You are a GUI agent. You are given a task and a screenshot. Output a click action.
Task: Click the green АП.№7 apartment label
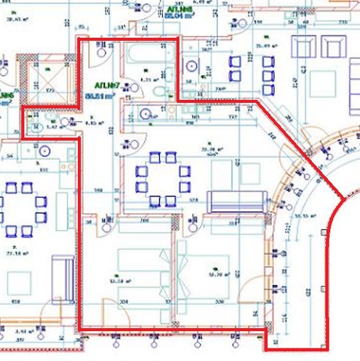pyautogui.click(x=105, y=86)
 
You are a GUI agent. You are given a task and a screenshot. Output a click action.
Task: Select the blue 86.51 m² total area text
pyautogui.click(x=102, y=96)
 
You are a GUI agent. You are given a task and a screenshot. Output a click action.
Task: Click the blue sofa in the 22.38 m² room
pyautogui.click(x=237, y=202)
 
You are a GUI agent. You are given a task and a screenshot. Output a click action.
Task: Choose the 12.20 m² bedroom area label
pyautogui.click(x=216, y=275)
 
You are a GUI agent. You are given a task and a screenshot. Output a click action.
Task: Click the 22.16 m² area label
pyautogui.click(x=12, y=251)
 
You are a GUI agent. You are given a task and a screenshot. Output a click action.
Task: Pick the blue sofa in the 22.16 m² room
pyautogui.click(x=63, y=278)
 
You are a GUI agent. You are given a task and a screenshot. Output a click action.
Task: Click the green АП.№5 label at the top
pyautogui.click(x=179, y=10)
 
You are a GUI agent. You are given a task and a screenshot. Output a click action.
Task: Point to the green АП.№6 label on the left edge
pyautogui.click(x=6, y=96)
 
